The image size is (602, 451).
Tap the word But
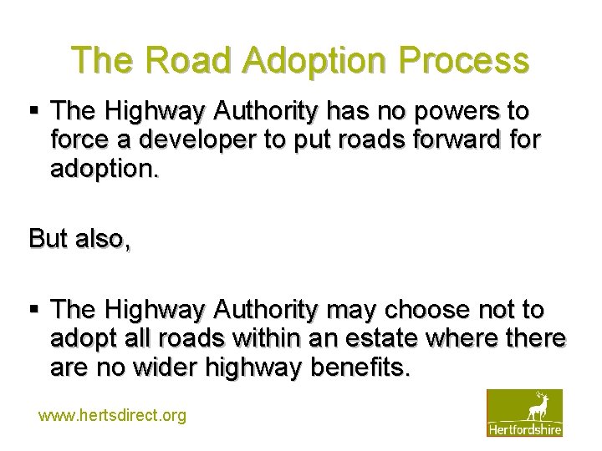(48, 238)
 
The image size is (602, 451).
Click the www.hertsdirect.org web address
(112, 415)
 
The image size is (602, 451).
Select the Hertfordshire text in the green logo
(525, 428)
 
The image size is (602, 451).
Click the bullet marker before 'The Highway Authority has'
(34, 111)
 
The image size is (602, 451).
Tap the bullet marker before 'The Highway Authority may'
(34, 310)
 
